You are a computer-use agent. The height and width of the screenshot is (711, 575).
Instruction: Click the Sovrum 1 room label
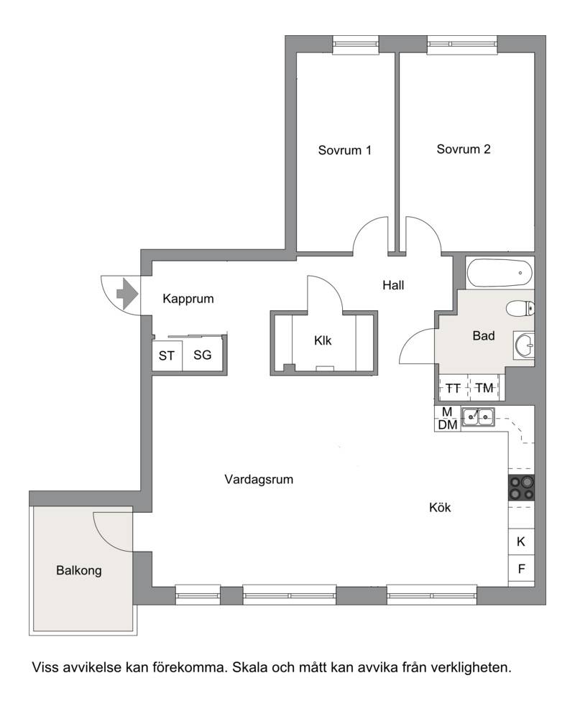[x=344, y=150]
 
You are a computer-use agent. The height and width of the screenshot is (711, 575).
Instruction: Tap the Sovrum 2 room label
[x=464, y=149]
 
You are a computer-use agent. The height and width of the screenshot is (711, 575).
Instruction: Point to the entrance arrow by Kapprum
[x=127, y=294]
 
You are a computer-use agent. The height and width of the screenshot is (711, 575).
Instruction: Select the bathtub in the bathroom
[x=500, y=272]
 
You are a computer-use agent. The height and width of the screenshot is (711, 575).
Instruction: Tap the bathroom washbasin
[x=524, y=345]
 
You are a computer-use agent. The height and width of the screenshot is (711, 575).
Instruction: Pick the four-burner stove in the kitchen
[x=521, y=488]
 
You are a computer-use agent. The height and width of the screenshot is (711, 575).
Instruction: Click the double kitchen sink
[x=479, y=417]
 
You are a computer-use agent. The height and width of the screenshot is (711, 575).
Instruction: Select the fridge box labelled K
[x=521, y=542]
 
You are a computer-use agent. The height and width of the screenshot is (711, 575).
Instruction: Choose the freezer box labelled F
[x=521, y=568]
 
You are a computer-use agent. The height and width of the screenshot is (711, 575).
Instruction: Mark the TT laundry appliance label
[x=453, y=389]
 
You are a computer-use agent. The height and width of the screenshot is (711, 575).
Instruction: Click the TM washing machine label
[x=484, y=388]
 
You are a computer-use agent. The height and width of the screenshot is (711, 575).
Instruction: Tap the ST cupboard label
[x=167, y=356]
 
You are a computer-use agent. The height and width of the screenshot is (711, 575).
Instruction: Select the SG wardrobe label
[x=203, y=355]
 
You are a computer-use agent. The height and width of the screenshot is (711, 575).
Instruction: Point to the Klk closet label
[x=323, y=340]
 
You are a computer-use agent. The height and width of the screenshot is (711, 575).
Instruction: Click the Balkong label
[x=79, y=570]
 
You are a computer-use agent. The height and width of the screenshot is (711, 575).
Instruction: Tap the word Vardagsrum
[x=259, y=480]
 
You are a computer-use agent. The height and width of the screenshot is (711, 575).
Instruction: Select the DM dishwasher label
[x=448, y=425]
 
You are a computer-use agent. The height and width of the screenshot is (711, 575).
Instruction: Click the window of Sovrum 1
[x=356, y=45]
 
